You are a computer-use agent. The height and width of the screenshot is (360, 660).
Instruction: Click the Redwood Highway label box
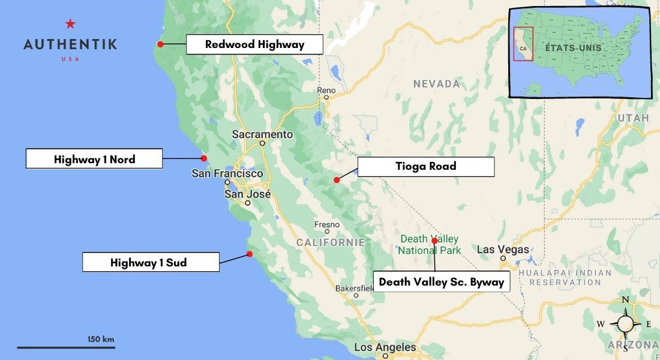[x=254, y=44]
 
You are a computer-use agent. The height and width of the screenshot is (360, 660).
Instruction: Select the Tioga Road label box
[x=425, y=166]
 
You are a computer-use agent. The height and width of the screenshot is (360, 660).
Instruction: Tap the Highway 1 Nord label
[x=94, y=159]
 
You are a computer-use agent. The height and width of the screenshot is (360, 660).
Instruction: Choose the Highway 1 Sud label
[x=150, y=262]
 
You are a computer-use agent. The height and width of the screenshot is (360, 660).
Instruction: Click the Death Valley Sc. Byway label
[x=442, y=281]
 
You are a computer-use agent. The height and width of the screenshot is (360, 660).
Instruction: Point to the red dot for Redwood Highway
[x=160, y=44]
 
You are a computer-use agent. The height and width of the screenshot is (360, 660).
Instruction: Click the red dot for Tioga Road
[x=337, y=180]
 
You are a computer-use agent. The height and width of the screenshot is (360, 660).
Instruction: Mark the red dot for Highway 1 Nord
[x=203, y=158]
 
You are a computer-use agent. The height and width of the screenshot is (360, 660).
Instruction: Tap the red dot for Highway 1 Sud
[x=250, y=254]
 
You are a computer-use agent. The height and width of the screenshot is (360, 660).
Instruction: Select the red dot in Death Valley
[x=434, y=241]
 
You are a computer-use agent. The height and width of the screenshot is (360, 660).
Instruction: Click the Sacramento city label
[x=262, y=134]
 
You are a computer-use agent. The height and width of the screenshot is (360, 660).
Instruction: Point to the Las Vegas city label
[x=503, y=250]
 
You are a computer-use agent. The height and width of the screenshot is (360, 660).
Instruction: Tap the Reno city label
[x=326, y=91]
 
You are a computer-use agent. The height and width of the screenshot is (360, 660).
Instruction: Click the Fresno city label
[x=327, y=225]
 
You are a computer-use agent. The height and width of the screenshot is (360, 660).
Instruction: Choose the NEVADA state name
[x=436, y=84]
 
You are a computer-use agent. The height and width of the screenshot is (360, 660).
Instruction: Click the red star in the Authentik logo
[x=70, y=24]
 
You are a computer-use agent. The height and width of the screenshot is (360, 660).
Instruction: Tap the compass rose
[x=625, y=324]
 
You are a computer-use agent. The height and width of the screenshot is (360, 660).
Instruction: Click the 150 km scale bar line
[x=66, y=347]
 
